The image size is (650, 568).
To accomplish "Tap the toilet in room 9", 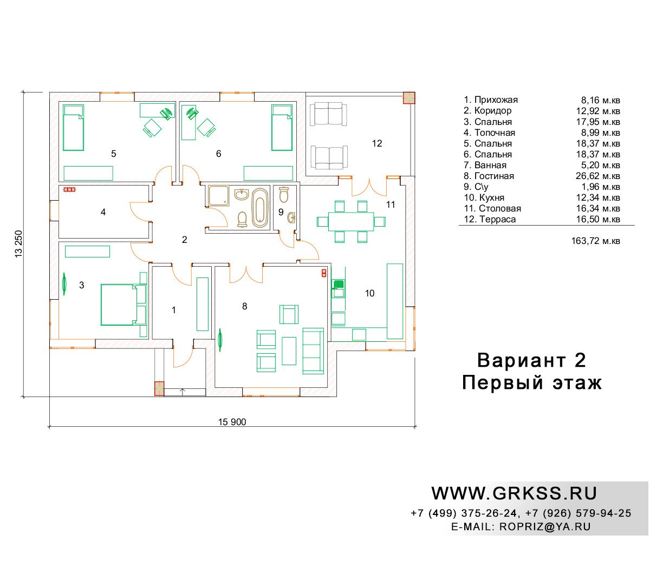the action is (284, 195).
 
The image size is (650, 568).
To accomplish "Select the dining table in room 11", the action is (351, 221).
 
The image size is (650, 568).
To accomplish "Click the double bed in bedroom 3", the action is (123, 305).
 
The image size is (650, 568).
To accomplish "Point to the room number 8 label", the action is (244, 306).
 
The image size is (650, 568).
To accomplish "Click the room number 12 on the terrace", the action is (377, 143).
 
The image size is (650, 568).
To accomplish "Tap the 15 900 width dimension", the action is (232, 422).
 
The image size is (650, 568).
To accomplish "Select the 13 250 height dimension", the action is (19, 244).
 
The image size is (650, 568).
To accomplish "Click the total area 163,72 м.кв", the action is (595, 241).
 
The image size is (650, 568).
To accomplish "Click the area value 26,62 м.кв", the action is (597, 176).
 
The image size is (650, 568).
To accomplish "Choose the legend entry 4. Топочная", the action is (489, 133).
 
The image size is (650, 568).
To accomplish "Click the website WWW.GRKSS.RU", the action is (513, 493).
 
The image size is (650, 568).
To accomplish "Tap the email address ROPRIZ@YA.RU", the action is (545, 526).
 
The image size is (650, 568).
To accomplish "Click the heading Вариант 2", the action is (531, 360).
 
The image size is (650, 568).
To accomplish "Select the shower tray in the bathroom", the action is (219, 195).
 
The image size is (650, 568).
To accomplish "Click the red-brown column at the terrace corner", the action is (409, 98).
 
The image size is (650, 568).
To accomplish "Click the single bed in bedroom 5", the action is (73, 128).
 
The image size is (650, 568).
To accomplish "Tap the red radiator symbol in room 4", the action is (69, 189).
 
